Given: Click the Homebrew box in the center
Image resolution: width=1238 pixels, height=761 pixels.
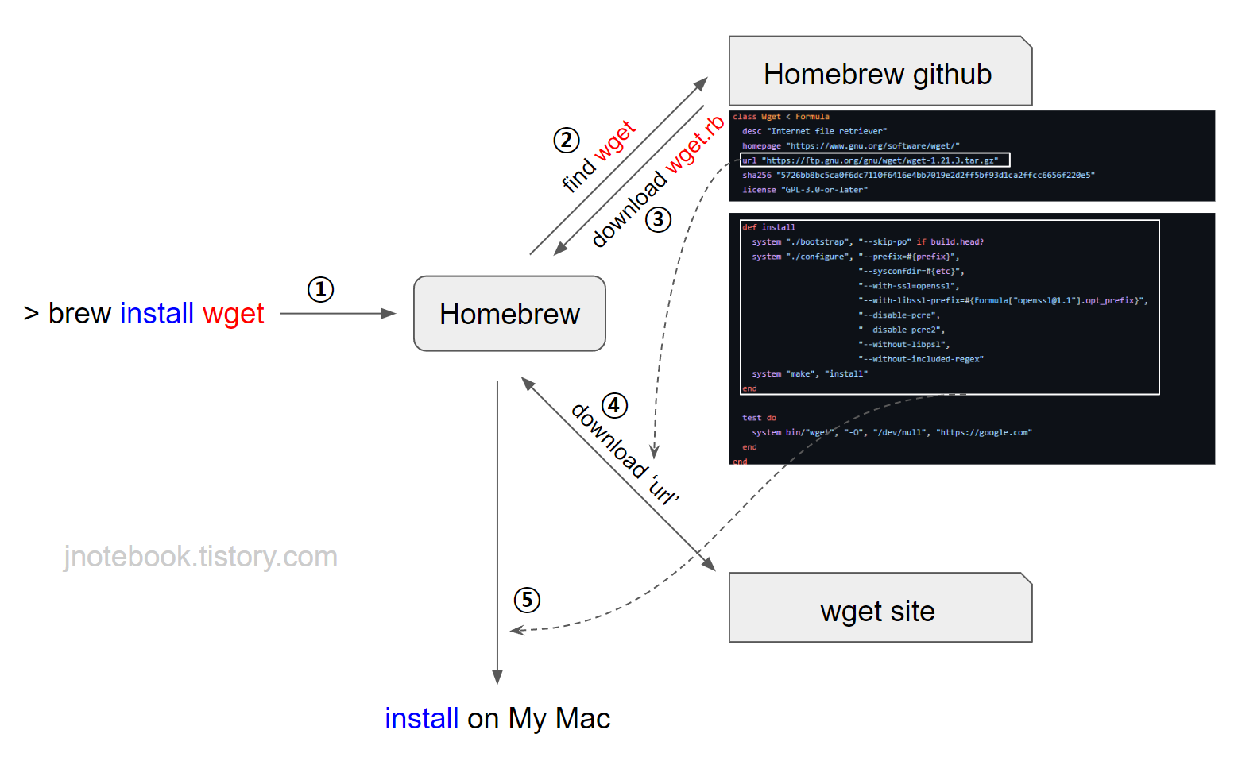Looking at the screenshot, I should pyautogui.click(x=509, y=314).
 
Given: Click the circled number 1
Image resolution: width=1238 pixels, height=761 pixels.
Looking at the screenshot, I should pyautogui.click(x=320, y=289).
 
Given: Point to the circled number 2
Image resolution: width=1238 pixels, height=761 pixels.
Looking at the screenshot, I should pyautogui.click(x=566, y=141).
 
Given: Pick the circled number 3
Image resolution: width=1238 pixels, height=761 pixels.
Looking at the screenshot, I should pyautogui.click(x=658, y=219).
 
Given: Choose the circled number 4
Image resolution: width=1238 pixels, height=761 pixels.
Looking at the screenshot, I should pyautogui.click(x=614, y=405).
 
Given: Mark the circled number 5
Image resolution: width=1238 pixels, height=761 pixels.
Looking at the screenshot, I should pyautogui.click(x=527, y=600).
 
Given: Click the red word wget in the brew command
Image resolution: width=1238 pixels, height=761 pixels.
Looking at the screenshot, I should pyautogui.click(x=233, y=314).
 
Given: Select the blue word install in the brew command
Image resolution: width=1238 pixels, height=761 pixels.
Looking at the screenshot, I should pyautogui.click(x=157, y=314).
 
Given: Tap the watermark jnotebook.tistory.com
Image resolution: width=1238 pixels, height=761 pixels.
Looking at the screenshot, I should pyautogui.click(x=200, y=557).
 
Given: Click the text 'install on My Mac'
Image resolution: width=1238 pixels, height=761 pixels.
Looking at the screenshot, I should pyautogui.click(x=497, y=718).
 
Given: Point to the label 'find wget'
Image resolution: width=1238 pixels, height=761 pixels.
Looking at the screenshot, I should pyautogui.click(x=598, y=156).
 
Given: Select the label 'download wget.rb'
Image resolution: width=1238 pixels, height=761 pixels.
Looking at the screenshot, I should pyautogui.click(x=658, y=180).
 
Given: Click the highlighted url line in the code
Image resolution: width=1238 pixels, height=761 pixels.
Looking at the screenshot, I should pyautogui.click(x=874, y=160).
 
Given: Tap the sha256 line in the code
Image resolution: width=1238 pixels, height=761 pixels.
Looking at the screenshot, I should pyautogui.click(x=918, y=175).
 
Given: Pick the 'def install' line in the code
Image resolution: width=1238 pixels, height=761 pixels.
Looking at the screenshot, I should pyautogui.click(x=768, y=227).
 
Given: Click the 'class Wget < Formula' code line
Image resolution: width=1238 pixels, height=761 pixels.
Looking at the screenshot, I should pyautogui.click(x=780, y=117).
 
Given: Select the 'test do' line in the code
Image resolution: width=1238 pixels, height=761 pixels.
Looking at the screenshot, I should pyautogui.click(x=759, y=418).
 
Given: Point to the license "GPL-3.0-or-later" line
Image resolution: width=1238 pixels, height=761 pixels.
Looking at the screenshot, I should pyautogui.click(x=804, y=190).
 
